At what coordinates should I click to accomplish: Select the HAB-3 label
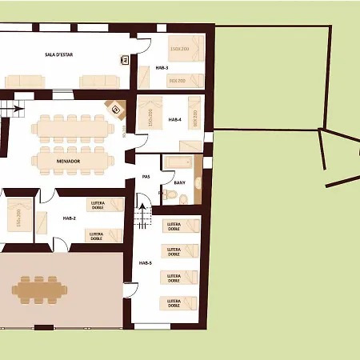coord(150,68)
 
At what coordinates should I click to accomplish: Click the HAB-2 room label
coord(69,218)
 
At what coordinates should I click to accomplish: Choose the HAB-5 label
coord(145,262)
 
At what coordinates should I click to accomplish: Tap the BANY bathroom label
coord(179,182)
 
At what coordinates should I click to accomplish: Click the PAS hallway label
coord(146,176)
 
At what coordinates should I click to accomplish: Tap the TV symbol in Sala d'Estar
coord(125,58)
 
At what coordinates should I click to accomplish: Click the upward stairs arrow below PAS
coord(145,213)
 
